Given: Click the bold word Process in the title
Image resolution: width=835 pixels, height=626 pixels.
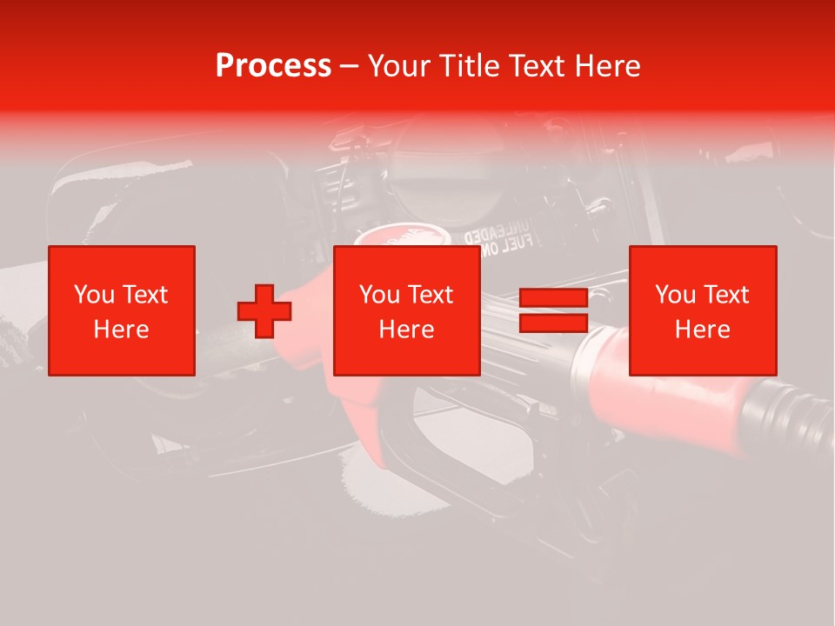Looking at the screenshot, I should coord(273,66).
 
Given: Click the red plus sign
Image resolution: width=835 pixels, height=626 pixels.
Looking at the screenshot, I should coord(264,311).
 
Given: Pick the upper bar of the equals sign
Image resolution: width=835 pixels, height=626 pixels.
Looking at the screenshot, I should coord(553,298).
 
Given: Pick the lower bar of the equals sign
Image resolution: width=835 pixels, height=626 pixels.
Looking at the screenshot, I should coord(553,323).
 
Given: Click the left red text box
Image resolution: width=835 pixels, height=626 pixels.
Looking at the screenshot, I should coord(122,310).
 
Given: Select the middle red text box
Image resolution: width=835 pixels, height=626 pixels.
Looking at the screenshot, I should coord(407,310).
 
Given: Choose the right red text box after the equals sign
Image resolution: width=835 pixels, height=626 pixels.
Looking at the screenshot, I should coord(703,310).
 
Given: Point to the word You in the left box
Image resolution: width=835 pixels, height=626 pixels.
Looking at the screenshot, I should coord(93,295).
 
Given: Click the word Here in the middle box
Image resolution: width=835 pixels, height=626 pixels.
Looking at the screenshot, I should coord(407,330).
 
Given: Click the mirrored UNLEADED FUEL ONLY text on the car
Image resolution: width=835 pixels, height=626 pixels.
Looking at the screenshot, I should coord(495,243).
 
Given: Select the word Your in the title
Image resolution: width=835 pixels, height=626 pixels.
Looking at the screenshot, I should coord(398,66).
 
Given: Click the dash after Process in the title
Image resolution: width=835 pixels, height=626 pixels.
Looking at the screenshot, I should coord(350,66).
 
